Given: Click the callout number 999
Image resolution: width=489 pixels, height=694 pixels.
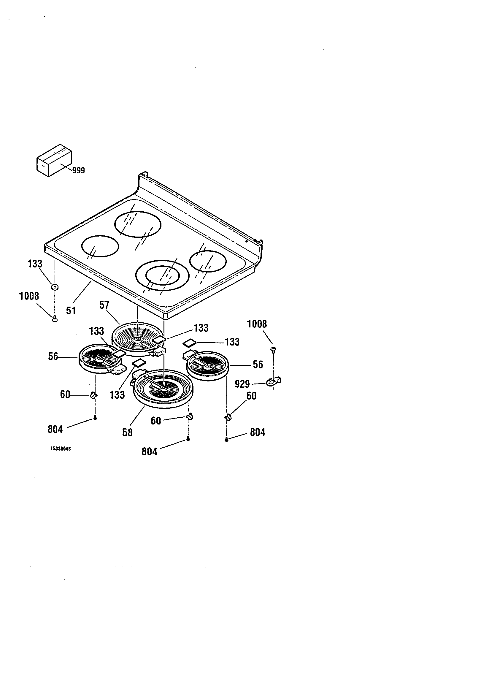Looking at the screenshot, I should pyautogui.click(x=79, y=171).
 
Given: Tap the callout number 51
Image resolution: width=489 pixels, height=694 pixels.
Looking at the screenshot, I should pyautogui.click(x=71, y=310).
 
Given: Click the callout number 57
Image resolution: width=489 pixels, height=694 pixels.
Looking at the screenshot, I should pyautogui.click(x=104, y=305).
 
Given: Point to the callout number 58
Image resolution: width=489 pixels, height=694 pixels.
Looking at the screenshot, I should pyautogui.click(x=127, y=432).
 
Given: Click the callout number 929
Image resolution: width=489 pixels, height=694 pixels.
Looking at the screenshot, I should pyautogui.click(x=242, y=384).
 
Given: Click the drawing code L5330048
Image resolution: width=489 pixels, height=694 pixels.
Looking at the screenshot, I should pyautogui.click(x=61, y=449).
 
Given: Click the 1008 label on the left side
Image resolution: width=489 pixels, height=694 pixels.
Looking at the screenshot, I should pyautogui.click(x=29, y=296).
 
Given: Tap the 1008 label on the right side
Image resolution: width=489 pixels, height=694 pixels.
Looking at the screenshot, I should pyautogui.click(x=257, y=324).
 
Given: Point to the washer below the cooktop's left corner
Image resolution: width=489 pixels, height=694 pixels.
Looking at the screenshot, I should pyautogui.click(x=55, y=287).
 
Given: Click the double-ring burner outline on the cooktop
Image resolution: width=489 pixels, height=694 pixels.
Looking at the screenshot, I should pyautogui.click(x=162, y=275).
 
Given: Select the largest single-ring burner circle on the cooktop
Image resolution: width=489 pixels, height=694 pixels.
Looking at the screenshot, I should pyautogui.click(x=138, y=224).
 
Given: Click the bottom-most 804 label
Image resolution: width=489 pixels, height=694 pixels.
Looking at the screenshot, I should pyautogui.click(x=149, y=451).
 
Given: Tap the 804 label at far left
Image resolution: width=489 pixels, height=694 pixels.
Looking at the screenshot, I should pyautogui.click(x=55, y=429).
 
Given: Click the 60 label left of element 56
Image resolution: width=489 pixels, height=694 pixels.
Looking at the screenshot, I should pyautogui.click(x=65, y=394).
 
